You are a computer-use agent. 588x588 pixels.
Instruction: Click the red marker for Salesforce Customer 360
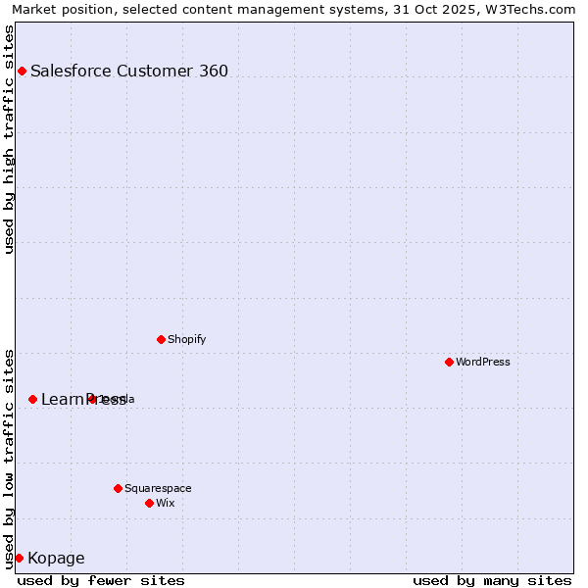pos(22,71)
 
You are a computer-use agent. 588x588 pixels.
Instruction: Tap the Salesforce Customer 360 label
pos(129,71)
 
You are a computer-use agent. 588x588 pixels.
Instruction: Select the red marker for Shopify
pos(161,339)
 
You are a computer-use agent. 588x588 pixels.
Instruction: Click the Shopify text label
pos(186,339)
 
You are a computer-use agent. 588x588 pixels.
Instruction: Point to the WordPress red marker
pos(449,362)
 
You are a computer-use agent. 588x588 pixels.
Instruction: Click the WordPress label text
pos(483,362)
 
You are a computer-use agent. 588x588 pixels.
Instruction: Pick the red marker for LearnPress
pos(32,399)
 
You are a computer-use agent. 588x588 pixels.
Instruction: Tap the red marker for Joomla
pos(92,399)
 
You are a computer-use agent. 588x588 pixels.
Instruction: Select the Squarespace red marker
pos(118,488)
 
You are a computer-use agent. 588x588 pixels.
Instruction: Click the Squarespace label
pos(158,488)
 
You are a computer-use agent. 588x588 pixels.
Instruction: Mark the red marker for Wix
pos(149,503)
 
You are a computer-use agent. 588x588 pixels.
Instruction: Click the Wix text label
pos(166,503)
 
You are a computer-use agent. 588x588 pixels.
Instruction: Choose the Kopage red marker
pos(19,558)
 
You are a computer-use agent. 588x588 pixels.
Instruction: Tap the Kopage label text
pos(56,559)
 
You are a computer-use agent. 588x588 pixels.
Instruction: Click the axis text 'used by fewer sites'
pos(101,580)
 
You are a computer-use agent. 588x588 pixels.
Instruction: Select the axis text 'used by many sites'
pos(492,580)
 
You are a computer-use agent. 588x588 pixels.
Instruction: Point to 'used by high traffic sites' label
pos(10,139)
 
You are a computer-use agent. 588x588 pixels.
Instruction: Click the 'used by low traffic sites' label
pos(10,459)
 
